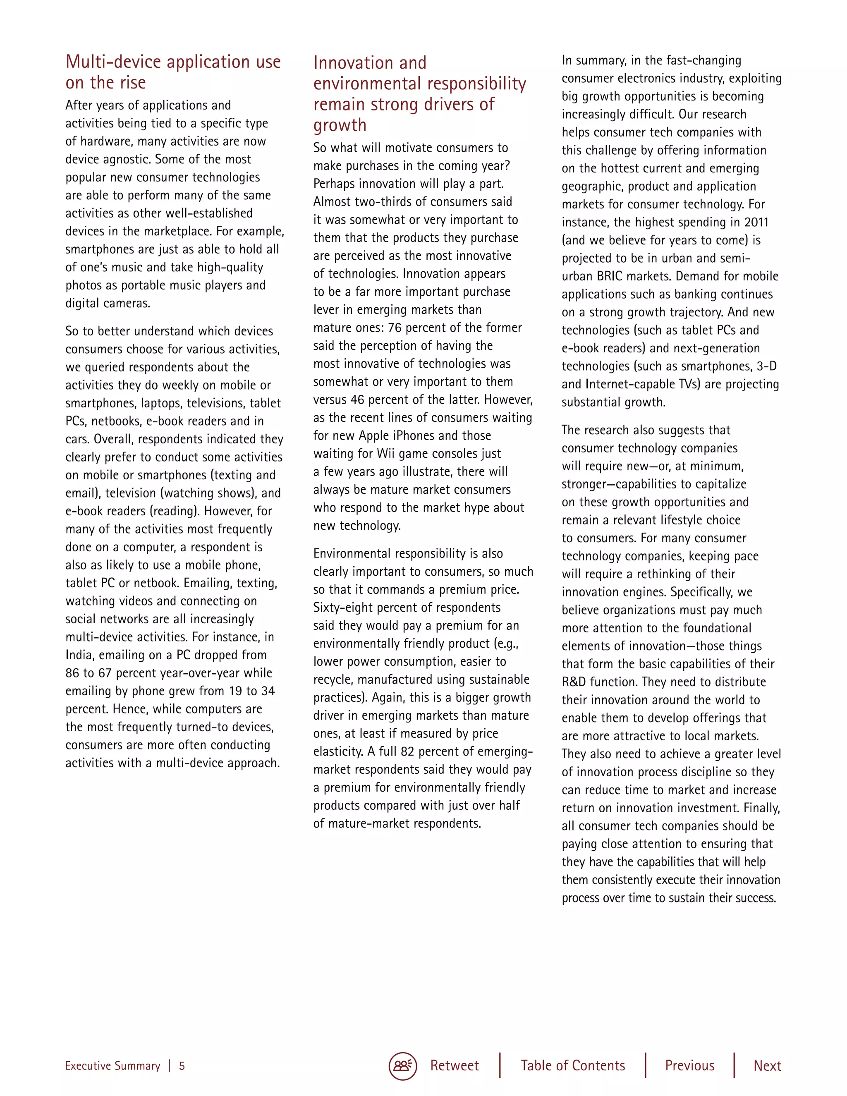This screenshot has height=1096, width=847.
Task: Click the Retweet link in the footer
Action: point(454,1065)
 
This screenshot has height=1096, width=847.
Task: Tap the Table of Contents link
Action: point(572,1065)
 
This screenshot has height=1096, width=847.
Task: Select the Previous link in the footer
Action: point(689,1065)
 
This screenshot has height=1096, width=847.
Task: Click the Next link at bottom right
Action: point(767,1065)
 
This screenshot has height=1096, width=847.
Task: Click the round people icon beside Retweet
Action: point(402,1065)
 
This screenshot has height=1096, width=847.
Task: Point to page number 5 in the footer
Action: point(182,1066)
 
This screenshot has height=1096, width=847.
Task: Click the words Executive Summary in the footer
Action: point(112,1066)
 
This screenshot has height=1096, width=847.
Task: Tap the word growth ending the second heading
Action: point(340,125)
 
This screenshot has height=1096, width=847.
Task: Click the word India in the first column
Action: point(79,655)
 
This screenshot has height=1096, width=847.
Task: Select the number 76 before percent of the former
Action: point(395,328)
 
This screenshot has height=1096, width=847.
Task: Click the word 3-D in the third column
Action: point(766,366)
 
